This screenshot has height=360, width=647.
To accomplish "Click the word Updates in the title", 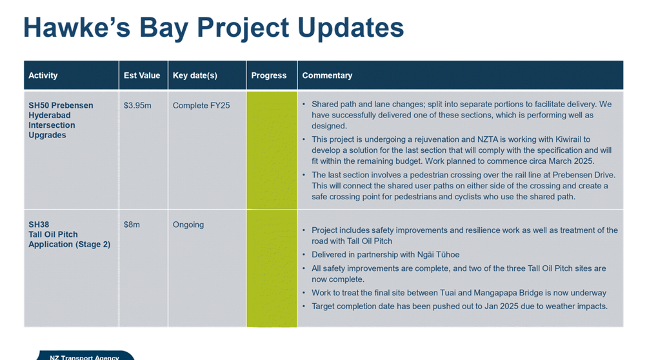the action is pyautogui.click(x=350, y=28).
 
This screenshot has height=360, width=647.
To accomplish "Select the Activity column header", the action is pyautogui.click(x=43, y=75).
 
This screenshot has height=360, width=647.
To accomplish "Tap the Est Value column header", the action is pyautogui.click(x=142, y=75).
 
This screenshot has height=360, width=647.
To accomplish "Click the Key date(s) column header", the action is pyautogui.click(x=195, y=75).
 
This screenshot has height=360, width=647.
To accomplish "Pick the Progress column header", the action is pyautogui.click(x=268, y=75).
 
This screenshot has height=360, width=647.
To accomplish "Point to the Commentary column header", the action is pyautogui.click(x=327, y=75).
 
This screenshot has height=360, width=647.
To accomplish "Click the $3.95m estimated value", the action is pyautogui.click(x=137, y=106).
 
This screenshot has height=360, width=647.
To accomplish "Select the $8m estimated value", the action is pyautogui.click(x=132, y=225).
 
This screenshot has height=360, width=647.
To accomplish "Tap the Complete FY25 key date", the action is pyautogui.click(x=201, y=106).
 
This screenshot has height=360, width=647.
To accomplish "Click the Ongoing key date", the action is pyautogui.click(x=188, y=225).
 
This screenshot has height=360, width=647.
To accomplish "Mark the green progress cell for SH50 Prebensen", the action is pyautogui.click(x=272, y=150).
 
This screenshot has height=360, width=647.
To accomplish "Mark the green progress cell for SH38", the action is pyautogui.click(x=272, y=268).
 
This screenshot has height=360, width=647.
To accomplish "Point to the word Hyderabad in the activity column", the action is pyautogui.click(x=50, y=115).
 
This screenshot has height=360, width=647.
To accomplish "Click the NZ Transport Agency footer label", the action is pyautogui.click(x=85, y=357).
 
